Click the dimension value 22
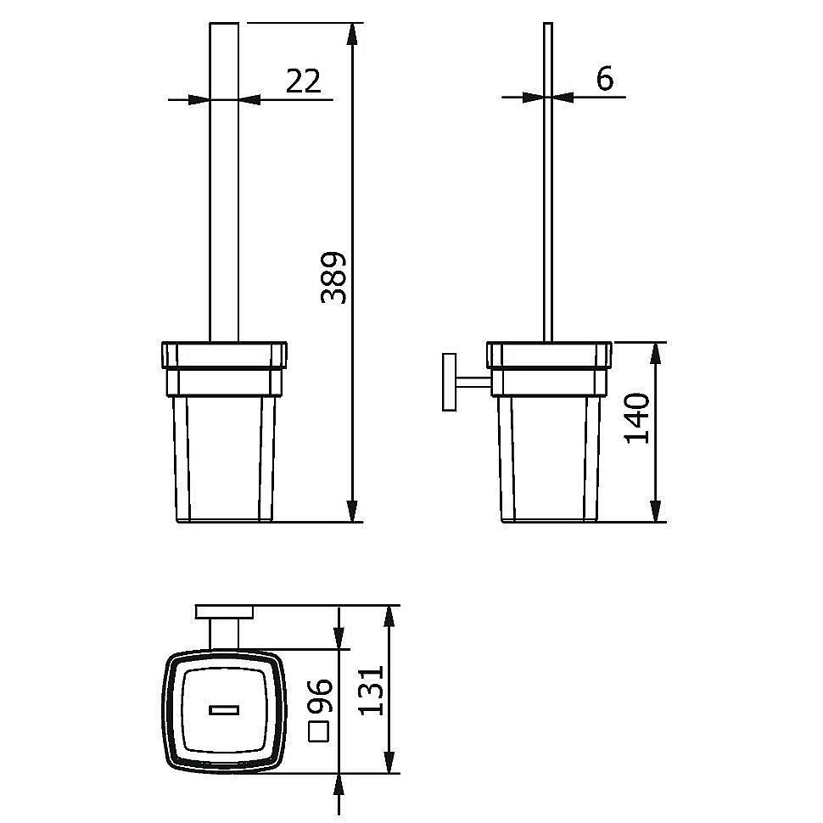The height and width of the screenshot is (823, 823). pos(303,81)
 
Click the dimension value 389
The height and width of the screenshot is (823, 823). pos(333,277)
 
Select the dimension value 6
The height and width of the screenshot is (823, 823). pos(605,78)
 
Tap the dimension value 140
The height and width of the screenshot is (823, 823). pos(637,417)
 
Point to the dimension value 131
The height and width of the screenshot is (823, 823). pos(372,690)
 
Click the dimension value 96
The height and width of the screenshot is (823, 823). pos(319,696)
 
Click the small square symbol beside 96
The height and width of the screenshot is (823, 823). pos(319,731)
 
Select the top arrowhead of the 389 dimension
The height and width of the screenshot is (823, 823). pos(353,35)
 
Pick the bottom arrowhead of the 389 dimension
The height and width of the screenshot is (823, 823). pos(353,511)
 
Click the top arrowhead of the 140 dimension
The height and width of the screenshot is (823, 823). pos(655,353)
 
